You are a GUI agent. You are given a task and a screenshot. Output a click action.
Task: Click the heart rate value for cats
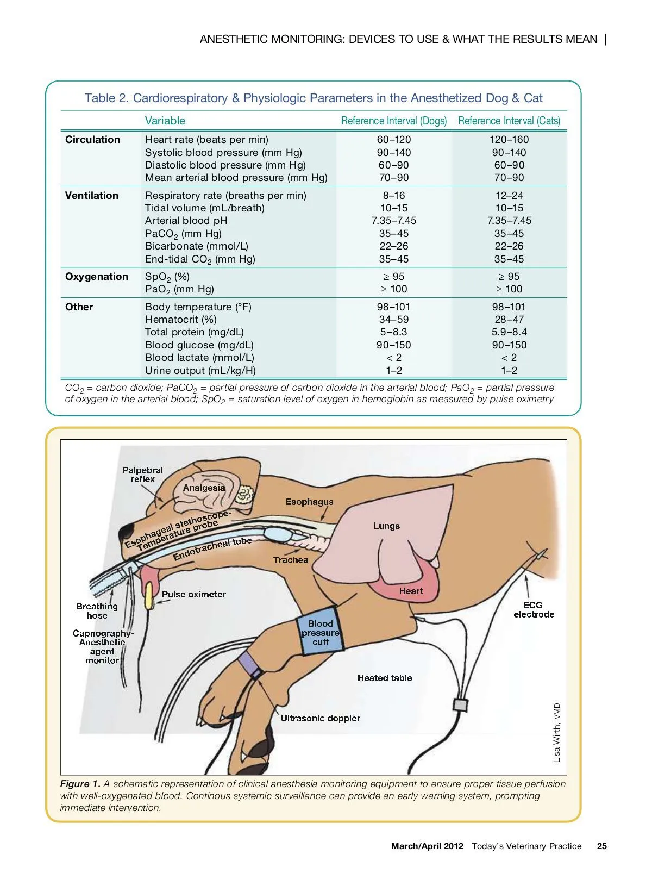point(509,140)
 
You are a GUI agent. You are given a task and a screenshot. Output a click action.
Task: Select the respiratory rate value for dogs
point(393,195)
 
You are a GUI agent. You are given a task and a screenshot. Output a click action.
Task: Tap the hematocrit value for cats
point(509,320)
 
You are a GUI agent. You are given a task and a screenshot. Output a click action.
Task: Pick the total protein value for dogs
point(393,332)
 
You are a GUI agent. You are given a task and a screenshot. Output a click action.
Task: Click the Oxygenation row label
point(97,277)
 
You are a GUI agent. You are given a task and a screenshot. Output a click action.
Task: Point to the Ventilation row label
point(92,195)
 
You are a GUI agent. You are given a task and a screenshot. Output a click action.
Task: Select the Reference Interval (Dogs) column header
point(393,121)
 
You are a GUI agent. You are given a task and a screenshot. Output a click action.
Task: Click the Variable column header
point(165,121)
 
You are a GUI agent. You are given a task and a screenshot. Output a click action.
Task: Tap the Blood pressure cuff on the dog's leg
point(321,632)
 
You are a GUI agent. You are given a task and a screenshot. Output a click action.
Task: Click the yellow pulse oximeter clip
point(149,595)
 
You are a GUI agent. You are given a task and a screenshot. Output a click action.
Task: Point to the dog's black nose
point(128,530)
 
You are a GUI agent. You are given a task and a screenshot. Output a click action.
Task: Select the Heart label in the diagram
point(411,591)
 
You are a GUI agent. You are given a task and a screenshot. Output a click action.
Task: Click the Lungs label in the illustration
point(386,526)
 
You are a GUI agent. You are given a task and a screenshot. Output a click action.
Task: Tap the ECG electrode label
point(534,610)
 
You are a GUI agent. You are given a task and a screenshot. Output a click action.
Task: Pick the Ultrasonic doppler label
point(320,718)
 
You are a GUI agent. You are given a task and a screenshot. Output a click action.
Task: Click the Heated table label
point(385,678)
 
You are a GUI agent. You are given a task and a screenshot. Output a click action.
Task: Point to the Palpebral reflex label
point(143,475)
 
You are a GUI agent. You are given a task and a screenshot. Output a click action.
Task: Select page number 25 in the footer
point(602,846)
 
